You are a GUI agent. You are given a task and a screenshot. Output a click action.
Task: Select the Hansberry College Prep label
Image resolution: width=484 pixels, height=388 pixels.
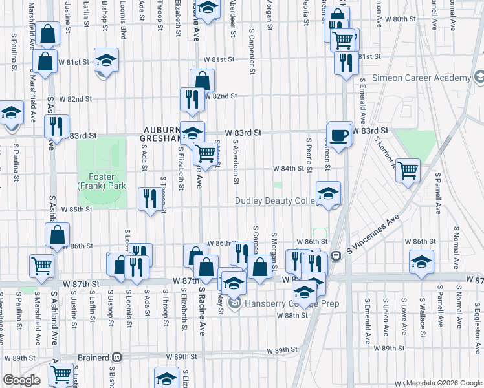(x=274, y=303)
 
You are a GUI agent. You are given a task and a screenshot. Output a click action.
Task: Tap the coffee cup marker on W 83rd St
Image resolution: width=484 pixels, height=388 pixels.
(x=340, y=135)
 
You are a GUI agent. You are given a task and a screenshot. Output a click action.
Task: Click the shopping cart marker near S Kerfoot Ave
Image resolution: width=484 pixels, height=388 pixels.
(x=408, y=171)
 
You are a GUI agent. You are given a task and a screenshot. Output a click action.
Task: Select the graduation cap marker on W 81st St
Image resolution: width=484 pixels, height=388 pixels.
(x=106, y=61)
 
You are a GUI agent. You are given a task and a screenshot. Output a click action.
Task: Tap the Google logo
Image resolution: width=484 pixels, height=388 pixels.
(x=21, y=380)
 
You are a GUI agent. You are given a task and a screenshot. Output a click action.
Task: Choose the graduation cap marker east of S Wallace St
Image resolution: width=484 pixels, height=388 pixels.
(x=421, y=262)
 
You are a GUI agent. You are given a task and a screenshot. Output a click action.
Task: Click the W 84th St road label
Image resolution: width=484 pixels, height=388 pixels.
(x=288, y=168)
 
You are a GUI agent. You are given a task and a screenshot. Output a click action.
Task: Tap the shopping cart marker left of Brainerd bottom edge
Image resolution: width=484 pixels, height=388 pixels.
(x=61, y=373)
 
